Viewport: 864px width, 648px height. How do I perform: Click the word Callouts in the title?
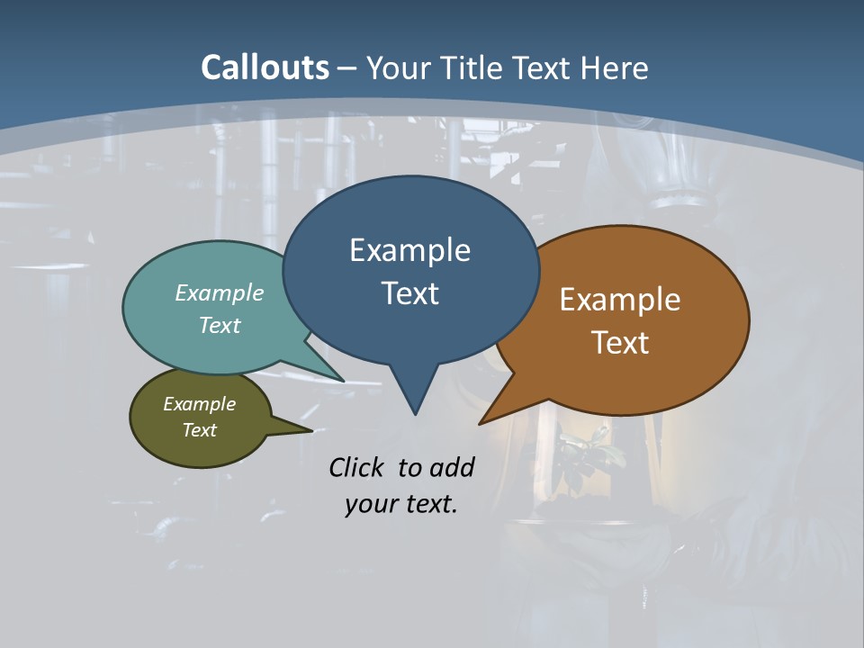tap(265, 67)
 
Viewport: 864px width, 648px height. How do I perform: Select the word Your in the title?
tap(400, 67)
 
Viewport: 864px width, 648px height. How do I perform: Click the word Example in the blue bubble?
tap(409, 250)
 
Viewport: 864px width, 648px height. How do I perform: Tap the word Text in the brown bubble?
tap(620, 342)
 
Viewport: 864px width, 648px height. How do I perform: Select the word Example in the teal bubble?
tap(220, 292)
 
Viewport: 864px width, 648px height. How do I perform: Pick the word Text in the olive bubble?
tap(199, 430)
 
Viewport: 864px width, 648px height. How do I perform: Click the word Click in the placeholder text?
tap(356, 467)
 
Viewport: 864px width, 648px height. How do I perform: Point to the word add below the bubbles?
tap(452, 467)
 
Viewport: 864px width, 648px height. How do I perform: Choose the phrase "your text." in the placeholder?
tap(401, 504)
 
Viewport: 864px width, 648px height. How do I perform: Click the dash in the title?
tap(348, 68)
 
